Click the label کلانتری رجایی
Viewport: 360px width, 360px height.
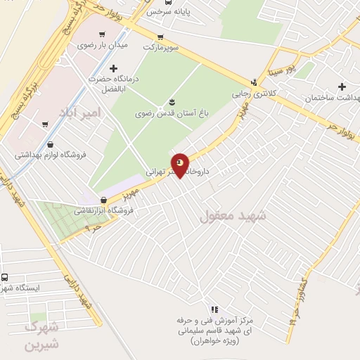[254, 93]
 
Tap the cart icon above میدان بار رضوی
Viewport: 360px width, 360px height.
[104, 33]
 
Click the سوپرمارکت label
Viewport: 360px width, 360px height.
[162, 48]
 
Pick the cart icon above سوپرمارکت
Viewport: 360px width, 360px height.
[161, 37]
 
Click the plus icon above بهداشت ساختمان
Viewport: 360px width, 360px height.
[342, 87]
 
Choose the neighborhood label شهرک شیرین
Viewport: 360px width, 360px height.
[40, 335]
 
